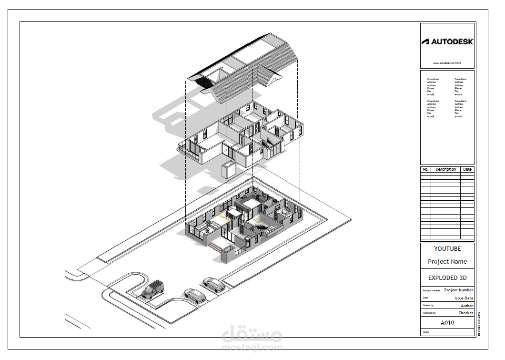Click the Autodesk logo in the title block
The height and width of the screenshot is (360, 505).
447,41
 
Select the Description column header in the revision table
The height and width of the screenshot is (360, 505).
445,169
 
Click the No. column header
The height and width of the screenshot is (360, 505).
425,169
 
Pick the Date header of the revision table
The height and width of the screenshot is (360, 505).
467,169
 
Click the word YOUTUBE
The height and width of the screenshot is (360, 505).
447,248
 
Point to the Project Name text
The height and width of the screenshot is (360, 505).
447,261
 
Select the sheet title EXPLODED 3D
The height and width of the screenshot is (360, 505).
447,278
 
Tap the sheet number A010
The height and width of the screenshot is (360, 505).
447,323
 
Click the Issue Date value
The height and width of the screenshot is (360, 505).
464,298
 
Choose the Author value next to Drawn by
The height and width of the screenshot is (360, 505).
467,306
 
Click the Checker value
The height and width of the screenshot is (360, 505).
465,313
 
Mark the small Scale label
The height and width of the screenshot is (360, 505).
425,332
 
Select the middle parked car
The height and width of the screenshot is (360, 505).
195,296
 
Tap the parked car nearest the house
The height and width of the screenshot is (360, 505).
214,285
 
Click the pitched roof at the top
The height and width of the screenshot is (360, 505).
248,67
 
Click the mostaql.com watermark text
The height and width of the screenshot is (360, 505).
252,348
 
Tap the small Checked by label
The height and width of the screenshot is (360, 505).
429,313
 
